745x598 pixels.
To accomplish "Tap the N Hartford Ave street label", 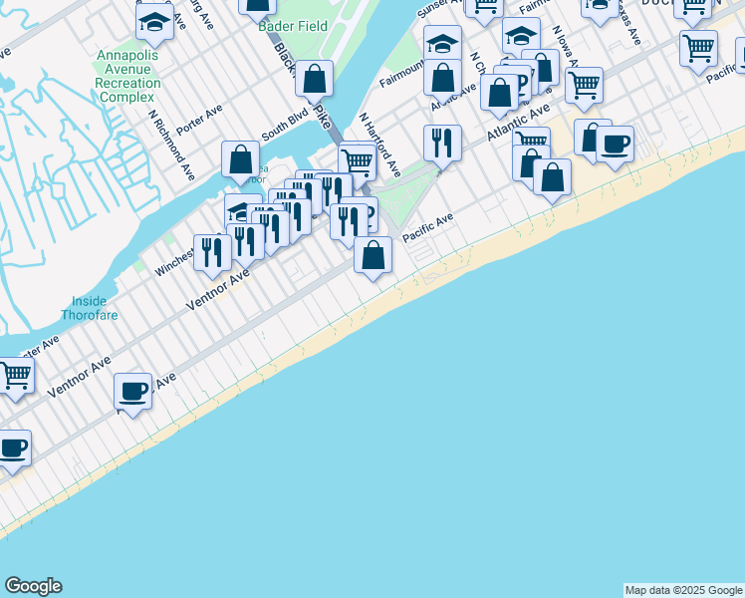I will (x=379, y=144).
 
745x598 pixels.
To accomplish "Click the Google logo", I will (x=33, y=586).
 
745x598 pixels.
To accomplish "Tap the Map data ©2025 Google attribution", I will (x=682, y=590).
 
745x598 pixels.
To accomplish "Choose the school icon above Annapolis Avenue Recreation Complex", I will (x=154, y=21).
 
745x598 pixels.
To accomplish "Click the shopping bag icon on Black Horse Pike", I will (x=315, y=79).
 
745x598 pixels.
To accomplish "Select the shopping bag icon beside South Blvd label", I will (x=241, y=158).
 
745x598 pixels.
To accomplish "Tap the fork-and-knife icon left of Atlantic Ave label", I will (x=441, y=143).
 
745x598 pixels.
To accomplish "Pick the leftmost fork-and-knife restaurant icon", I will (x=211, y=252).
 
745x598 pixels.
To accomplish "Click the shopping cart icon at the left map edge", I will (x=14, y=377).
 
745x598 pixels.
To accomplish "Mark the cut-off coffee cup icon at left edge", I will (x=12, y=448).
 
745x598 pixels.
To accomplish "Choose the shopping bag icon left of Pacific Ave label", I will (x=372, y=255).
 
